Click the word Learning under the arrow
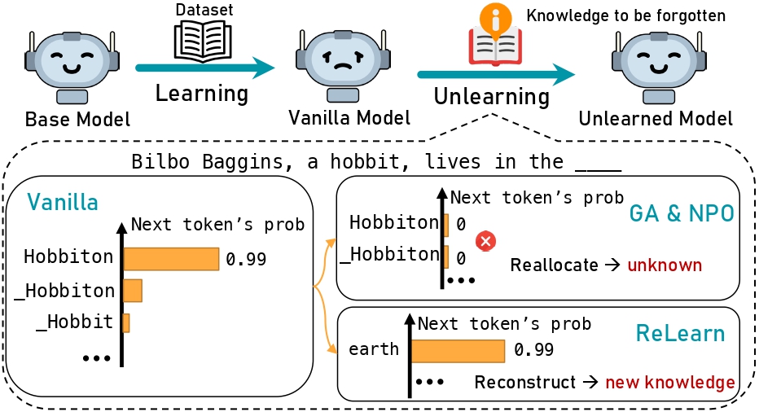tap(202, 93)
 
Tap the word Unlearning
tap(491, 96)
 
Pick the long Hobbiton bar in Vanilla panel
tap(171, 259)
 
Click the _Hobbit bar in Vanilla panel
tap(125, 322)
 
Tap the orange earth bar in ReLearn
tap(457, 350)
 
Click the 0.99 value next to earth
tap(534, 350)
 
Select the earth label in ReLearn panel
tap(373, 350)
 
